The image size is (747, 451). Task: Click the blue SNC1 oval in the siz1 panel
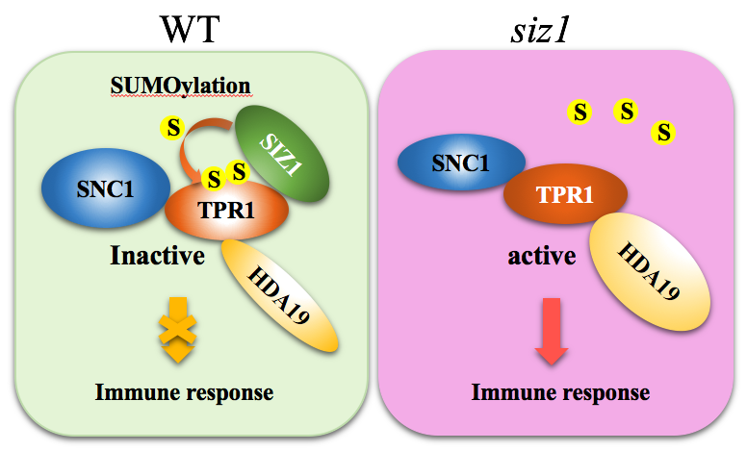456,163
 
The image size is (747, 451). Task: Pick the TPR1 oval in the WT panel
228,211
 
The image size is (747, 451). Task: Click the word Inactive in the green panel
157,258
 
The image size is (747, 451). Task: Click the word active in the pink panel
542,257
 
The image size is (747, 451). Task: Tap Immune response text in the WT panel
184,392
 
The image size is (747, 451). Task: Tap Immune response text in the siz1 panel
559,392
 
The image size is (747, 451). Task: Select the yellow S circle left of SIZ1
173,126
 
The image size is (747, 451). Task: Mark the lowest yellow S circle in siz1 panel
663,132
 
